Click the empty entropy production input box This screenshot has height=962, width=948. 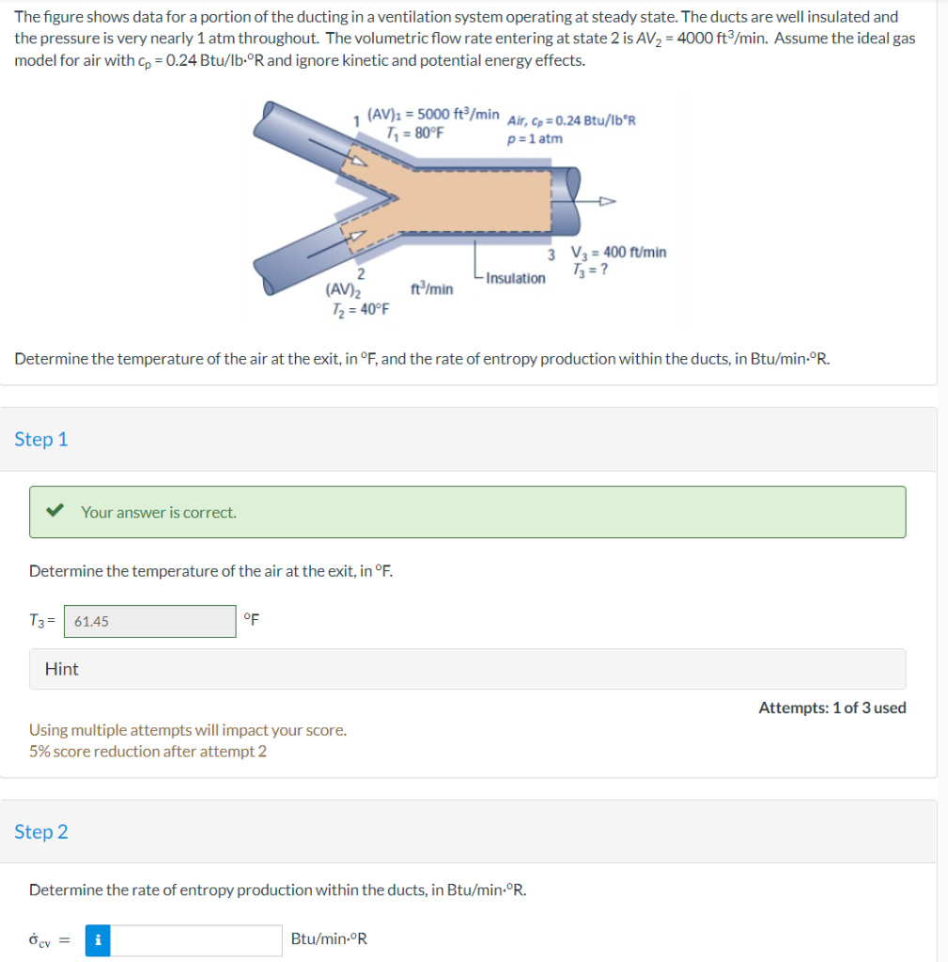point(196,939)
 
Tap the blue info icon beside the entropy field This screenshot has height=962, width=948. point(98,939)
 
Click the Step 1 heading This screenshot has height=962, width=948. point(41,440)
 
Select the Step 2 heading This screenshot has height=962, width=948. point(41,832)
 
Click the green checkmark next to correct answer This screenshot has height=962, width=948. point(56,512)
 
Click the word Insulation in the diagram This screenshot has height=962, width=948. point(516,278)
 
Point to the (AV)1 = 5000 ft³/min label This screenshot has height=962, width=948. point(432,115)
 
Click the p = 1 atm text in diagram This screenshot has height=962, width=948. point(535,139)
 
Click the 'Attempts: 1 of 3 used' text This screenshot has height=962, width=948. point(831,707)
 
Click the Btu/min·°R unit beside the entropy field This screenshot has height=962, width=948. point(329,939)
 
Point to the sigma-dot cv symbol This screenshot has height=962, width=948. point(43,939)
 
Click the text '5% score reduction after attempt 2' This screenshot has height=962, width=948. point(148,752)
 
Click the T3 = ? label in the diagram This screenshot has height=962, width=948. point(589,271)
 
